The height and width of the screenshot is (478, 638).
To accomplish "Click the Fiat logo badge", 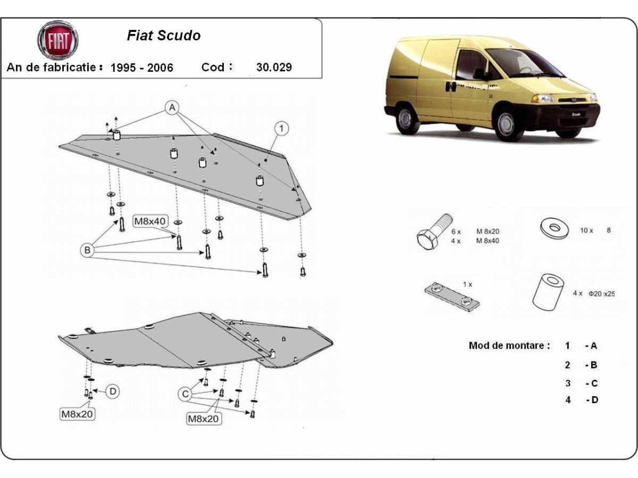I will click(x=57, y=40).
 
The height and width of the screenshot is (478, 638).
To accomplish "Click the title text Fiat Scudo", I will click(x=164, y=36).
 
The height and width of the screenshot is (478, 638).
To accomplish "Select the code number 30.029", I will click(x=274, y=67).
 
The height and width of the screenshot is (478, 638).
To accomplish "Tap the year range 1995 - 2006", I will click(x=141, y=67).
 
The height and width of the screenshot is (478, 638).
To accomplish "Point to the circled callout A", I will click(x=172, y=108).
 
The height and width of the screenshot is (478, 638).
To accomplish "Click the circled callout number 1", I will click(x=282, y=128).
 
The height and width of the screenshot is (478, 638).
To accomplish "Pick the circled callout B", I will click(x=87, y=250).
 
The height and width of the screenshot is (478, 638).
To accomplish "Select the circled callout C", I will click(x=186, y=394).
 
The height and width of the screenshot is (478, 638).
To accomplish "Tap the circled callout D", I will click(x=113, y=392).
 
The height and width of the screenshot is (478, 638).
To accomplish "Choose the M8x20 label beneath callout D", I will click(x=77, y=414).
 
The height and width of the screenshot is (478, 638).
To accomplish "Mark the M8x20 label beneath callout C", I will click(x=203, y=419).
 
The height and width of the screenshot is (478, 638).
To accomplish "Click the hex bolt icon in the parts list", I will click(x=434, y=234).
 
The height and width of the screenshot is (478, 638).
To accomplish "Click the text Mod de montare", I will click(x=509, y=346).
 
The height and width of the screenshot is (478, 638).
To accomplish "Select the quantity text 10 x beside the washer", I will click(x=587, y=231).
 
